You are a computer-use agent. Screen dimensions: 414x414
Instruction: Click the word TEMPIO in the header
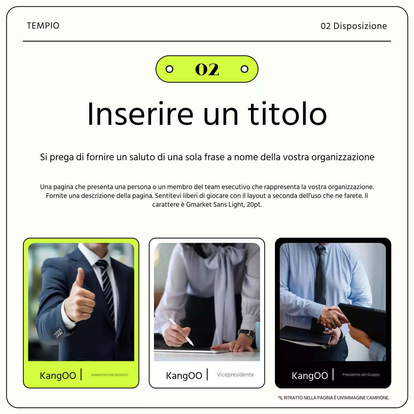[43, 26]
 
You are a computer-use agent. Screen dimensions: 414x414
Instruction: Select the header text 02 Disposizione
[354, 26]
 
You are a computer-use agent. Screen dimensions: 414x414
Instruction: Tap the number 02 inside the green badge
[207, 70]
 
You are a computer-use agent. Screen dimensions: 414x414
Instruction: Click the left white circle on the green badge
[169, 69]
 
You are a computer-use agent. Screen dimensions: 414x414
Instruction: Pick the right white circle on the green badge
[245, 69]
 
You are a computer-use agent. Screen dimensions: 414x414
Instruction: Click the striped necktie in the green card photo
[105, 285]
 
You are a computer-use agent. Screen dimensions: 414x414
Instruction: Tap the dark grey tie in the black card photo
[321, 275]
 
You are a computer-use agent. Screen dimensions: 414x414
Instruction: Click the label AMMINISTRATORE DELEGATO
[109, 375]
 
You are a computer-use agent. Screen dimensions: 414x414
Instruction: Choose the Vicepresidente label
[235, 375]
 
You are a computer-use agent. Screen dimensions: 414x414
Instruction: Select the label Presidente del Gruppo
[361, 375]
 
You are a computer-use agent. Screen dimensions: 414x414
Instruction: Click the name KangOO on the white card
[184, 376]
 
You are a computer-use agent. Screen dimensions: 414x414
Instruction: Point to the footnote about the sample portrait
[333, 398]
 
